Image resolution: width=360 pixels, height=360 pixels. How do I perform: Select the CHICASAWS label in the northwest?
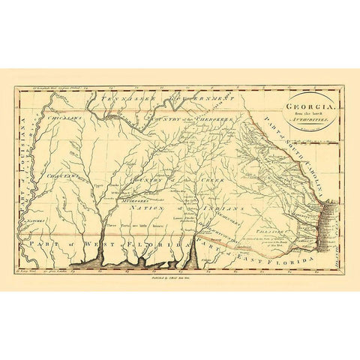coord(43,118)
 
